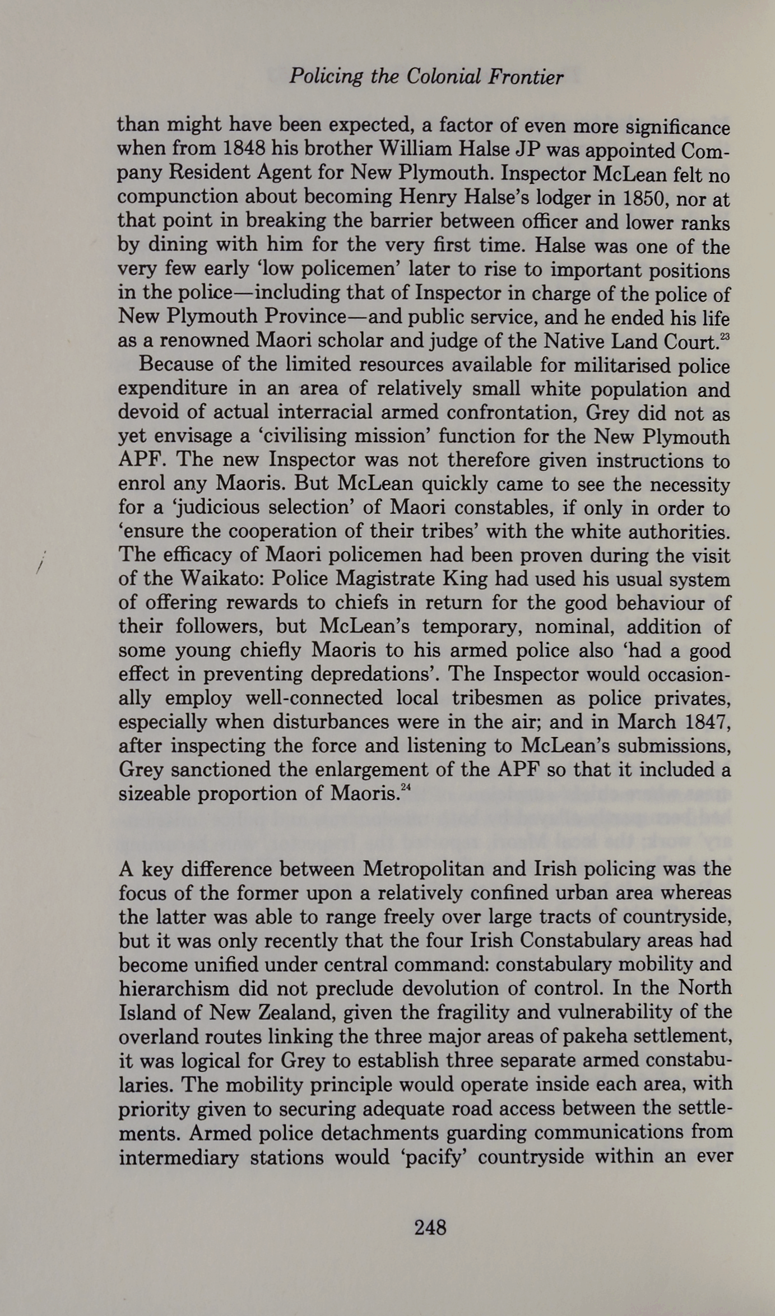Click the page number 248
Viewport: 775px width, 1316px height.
[x=430, y=1227]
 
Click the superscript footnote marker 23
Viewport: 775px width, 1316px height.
[x=725, y=337]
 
